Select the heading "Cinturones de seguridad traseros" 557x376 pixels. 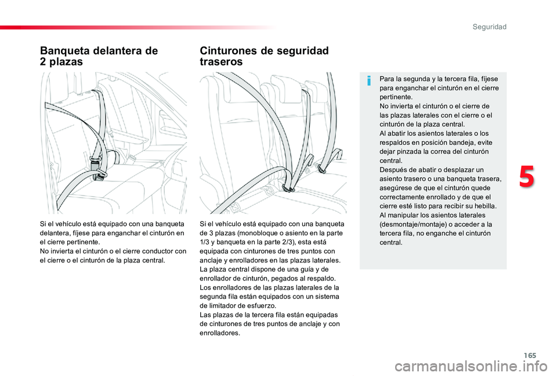click(263, 56)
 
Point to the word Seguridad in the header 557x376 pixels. click(489, 27)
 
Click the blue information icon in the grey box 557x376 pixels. click(368, 81)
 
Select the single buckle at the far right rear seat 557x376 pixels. click(335, 155)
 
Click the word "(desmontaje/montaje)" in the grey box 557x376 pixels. click(409, 224)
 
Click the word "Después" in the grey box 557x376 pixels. click(392, 169)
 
